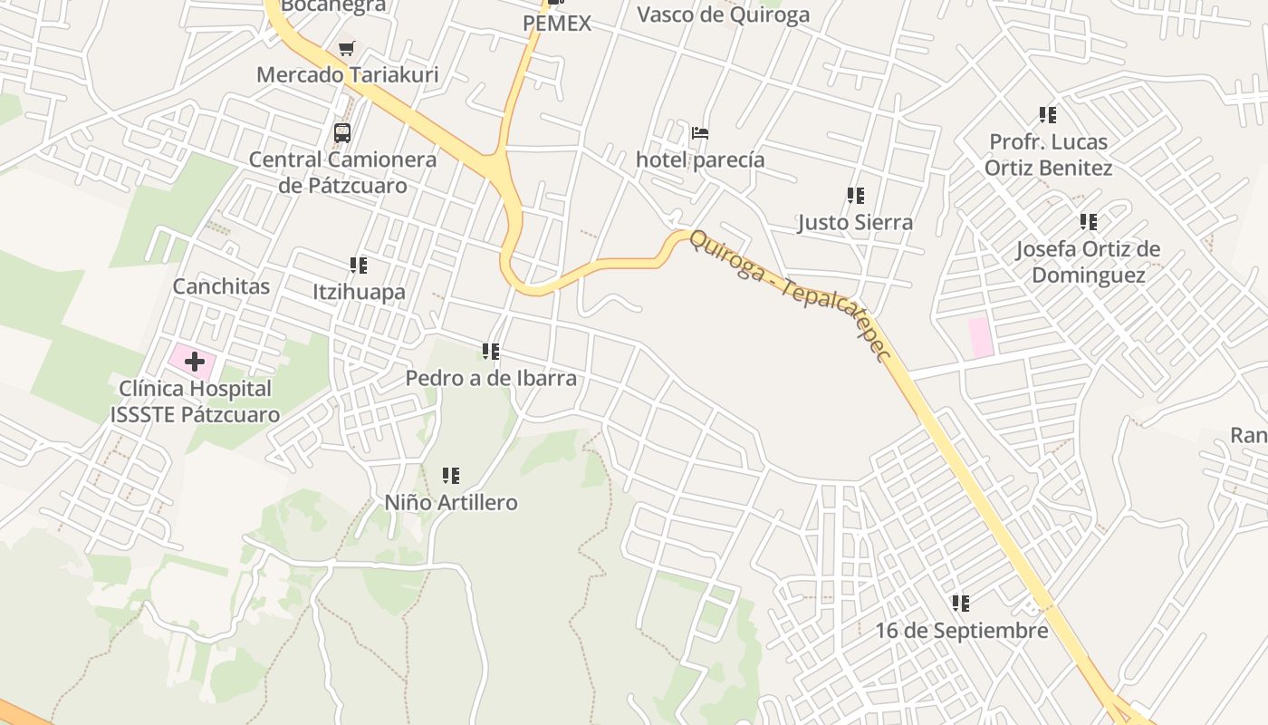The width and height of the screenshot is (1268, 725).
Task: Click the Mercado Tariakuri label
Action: [347, 74]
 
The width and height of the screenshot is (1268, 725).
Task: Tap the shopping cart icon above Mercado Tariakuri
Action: [346, 48]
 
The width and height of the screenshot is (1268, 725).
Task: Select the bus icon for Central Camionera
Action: [342, 133]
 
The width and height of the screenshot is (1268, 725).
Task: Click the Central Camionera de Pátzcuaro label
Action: [342, 172]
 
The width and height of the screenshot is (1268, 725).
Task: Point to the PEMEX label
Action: [557, 24]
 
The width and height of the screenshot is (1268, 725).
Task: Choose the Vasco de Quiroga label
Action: [723, 14]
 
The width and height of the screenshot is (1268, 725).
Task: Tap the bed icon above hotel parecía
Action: [700, 133]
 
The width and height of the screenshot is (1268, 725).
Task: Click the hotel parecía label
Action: [700, 160]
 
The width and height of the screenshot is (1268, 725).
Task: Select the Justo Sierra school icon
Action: [855, 195]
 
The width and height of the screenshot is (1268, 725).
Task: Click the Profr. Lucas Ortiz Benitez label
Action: [1048, 155]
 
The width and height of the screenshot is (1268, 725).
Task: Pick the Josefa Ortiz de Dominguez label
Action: [1088, 262]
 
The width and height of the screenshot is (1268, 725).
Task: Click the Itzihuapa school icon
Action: [359, 266]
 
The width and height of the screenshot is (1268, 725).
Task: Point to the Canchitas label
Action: [221, 286]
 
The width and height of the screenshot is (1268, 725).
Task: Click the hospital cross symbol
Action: [194, 362]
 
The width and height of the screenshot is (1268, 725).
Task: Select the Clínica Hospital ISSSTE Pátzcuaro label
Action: [199, 401]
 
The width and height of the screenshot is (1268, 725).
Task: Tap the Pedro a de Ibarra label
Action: [491, 378]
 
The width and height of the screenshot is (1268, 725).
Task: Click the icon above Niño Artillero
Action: [450, 476]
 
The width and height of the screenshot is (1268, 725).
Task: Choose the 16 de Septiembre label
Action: [961, 631]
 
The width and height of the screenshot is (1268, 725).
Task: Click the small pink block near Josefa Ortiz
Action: [980, 337]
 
